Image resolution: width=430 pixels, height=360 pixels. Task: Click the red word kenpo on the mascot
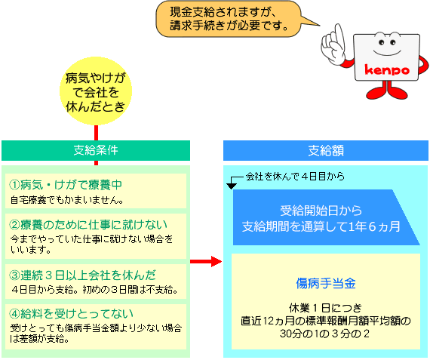pyautogui.click(x=387, y=70)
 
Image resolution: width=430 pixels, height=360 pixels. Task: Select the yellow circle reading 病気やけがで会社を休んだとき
pyautogui.click(x=96, y=91)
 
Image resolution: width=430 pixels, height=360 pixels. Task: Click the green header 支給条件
pyautogui.click(x=96, y=150)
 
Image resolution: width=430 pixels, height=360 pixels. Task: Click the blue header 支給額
pyautogui.click(x=326, y=150)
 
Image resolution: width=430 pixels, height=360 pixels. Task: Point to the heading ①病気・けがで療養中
pyautogui.click(x=66, y=185)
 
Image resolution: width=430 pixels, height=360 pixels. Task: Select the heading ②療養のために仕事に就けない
pyautogui.click(x=88, y=225)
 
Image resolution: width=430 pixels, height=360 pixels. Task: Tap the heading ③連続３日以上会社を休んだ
pyautogui.click(x=82, y=275)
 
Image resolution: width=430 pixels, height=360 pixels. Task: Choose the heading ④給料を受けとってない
pyautogui.click(x=72, y=314)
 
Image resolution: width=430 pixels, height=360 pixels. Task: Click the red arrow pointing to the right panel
pyautogui.click(x=206, y=261)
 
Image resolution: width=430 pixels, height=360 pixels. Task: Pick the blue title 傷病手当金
pyautogui.click(x=326, y=283)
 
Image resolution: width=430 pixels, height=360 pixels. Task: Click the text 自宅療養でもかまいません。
pyautogui.click(x=67, y=200)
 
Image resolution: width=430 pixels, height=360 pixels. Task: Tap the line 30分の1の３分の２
pyautogui.click(x=324, y=334)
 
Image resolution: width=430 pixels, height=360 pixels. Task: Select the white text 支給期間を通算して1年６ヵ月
pyautogui.click(x=321, y=226)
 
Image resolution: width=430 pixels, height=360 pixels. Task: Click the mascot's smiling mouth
pyautogui.click(x=387, y=52)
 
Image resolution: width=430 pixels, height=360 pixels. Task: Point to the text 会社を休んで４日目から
pyautogui.click(x=295, y=176)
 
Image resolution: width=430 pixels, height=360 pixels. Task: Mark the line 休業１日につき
pyautogui.click(x=325, y=308)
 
